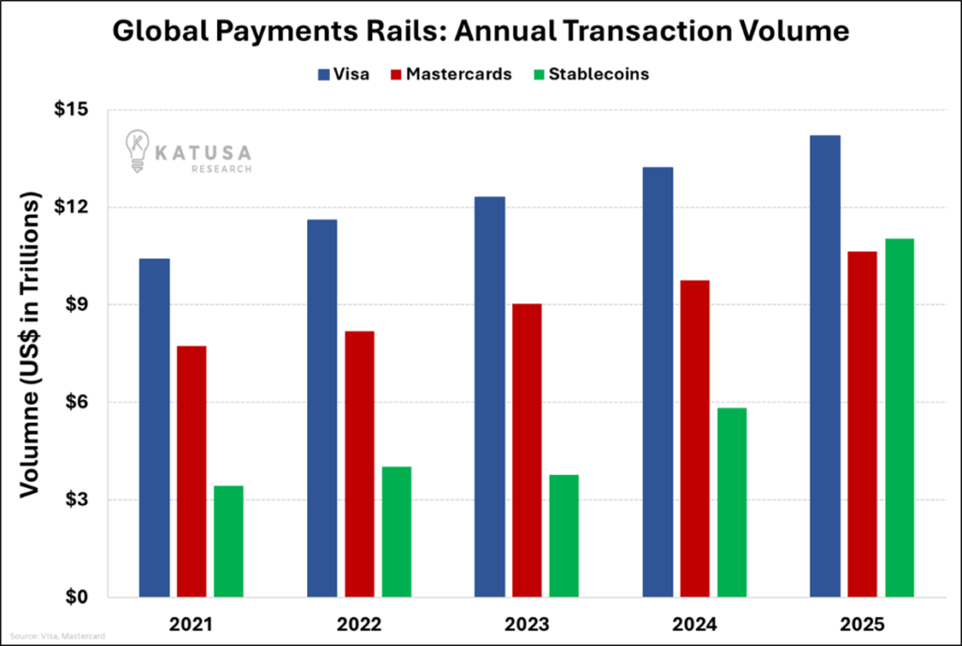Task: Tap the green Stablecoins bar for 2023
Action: pos(564,535)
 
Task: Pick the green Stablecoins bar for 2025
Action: pos(899,418)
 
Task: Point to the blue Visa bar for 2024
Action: pos(658,381)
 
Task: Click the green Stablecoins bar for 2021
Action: pos(228,541)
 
